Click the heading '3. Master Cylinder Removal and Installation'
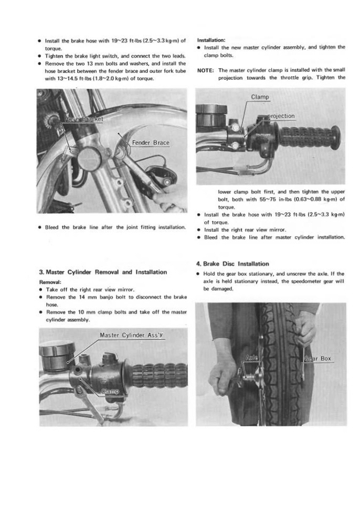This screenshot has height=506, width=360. pyautogui.click(x=103, y=272)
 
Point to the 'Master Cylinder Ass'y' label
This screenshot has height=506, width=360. pyautogui.click(x=132, y=336)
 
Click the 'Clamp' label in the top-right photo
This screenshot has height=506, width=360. pyautogui.click(x=260, y=97)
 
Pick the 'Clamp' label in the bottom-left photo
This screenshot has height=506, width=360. pyautogui.click(x=110, y=391)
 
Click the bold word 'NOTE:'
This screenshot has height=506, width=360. pyautogui.click(x=205, y=70)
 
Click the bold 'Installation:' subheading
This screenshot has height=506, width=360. pyautogui.click(x=211, y=39)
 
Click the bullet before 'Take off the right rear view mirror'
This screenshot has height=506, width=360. pyautogui.click(x=41, y=289)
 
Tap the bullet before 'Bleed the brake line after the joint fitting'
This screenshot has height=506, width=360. pyautogui.click(x=41, y=228)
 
